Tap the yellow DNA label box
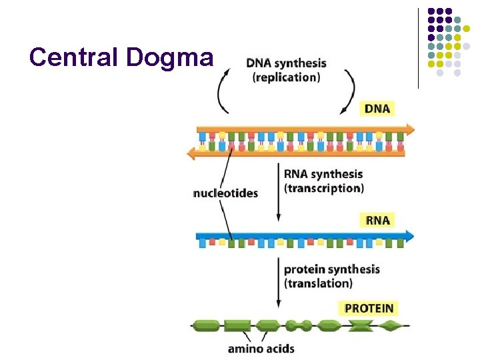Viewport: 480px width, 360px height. (x=377, y=108)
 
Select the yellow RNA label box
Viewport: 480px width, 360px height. (x=377, y=219)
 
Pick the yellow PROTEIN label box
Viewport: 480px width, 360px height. (x=369, y=308)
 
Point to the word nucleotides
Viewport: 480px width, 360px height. (x=225, y=193)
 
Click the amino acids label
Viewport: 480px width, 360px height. (x=261, y=348)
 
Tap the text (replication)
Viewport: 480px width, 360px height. (x=286, y=77)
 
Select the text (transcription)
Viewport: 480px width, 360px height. (x=324, y=188)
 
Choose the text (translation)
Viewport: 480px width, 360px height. (x=318, y=283)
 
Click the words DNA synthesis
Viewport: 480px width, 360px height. (x=286, y=63)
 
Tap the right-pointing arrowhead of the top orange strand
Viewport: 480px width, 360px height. (x=407, y=129)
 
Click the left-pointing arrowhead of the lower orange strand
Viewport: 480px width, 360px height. (x=192, y=153)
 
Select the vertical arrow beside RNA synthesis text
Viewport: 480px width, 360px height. (x=278, y=194)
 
